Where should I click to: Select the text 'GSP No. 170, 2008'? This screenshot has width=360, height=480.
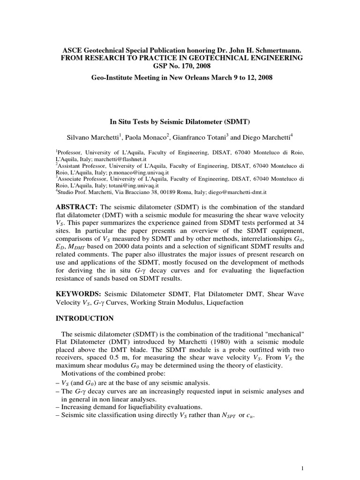pos(180,66)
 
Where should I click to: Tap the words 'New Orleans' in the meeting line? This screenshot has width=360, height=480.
pos(205,77)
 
